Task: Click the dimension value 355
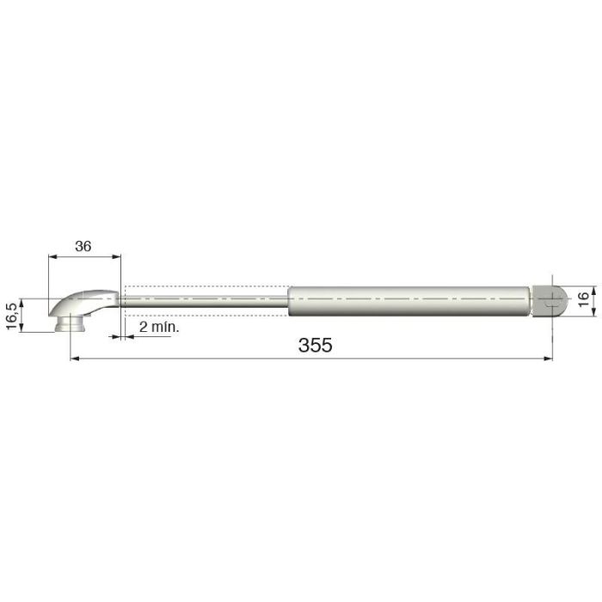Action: click(x=315, y=345)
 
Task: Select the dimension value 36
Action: click(x=83, y=246)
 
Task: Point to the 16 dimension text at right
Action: click(x=583, y=300)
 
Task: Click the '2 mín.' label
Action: click(x=158, y=328)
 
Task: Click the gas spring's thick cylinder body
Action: click(x=408, y=300)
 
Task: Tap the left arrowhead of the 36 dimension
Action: click(x=52, y=256)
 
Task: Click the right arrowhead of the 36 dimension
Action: click(x=117, y=256)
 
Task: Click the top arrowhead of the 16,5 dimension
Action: click(x=23, y=302)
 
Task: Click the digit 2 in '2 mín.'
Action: click(x=142, y=328)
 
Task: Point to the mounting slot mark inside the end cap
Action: click(x=550, y=300)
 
